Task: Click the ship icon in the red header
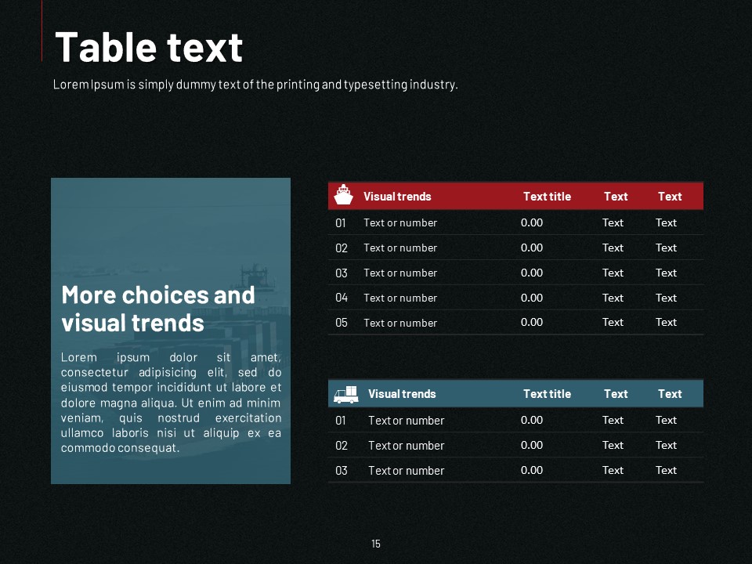pos(343,195)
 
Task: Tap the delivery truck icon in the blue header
pos(345,394)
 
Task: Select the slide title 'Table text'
pos(149,47)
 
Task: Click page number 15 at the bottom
pos(376,544)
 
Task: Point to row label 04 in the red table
pos(341,298)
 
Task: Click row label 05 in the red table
pos(341,323)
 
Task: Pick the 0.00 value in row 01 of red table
pos(532,222)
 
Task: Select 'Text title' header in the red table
pos(548,196)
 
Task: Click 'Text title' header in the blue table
pos(548,394)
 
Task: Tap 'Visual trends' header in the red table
pos(397,196)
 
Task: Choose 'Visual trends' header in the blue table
pos(402,394)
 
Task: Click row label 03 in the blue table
pos(341,471)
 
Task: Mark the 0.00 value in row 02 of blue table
pos(532,445)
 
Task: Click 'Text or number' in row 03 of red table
pos(400,273)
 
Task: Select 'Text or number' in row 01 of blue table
pos(407,421)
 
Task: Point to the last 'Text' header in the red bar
pos(670,196)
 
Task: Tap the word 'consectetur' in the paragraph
pos(95,373)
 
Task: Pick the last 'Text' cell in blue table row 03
pos(666,471)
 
